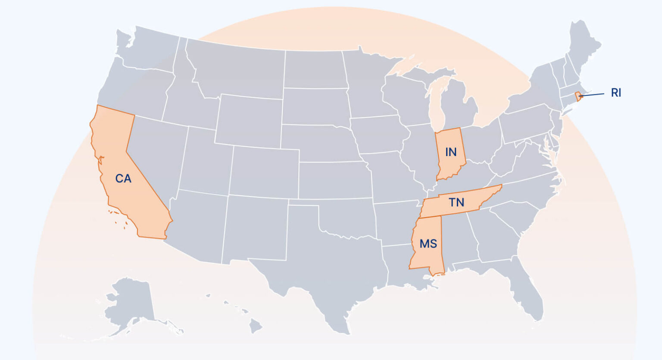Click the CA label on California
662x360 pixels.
(x=123, y=178)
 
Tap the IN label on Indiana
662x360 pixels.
(x=451, y=152)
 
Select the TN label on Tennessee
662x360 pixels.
(x=456, y=202)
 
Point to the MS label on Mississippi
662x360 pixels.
(x=428, y=244)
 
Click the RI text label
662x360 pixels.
(x=616, y=93)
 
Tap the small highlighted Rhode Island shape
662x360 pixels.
(x=578, y=96)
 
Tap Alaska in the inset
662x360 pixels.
(x=129, y=302)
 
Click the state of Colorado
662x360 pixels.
(x=263, y=172)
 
